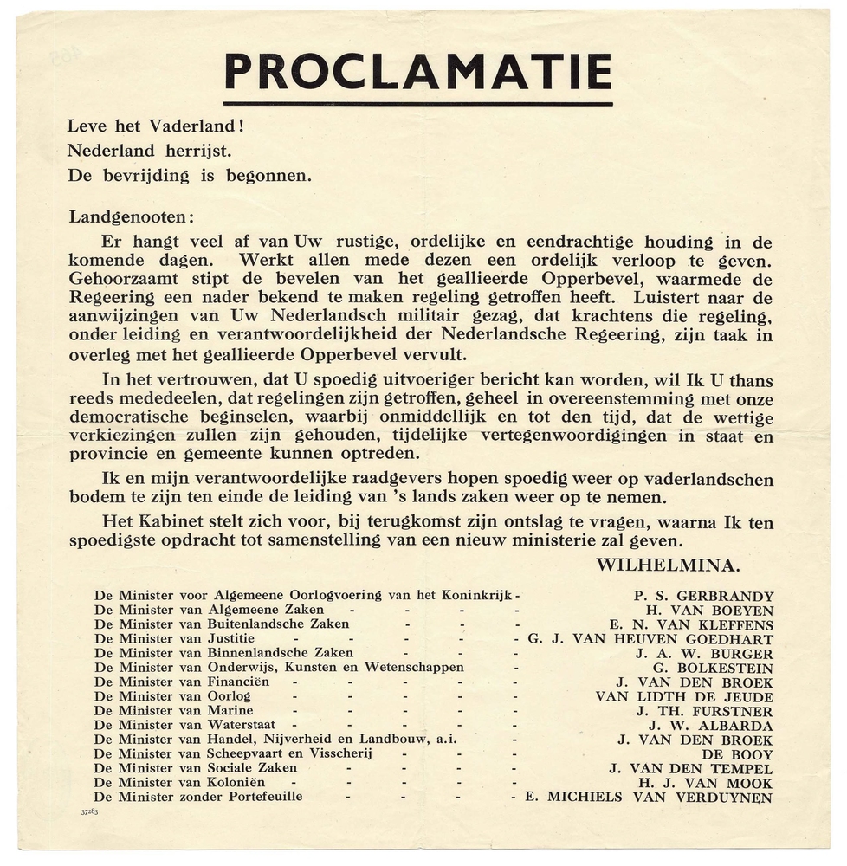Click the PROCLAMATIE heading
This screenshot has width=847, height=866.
pos(417,73)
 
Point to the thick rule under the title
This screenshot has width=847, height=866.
pos(417,104)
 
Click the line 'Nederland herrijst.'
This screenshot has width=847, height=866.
pos(150,150)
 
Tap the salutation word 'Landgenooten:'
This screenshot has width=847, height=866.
pos(132,216)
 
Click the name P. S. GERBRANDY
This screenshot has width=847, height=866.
pos(703,596)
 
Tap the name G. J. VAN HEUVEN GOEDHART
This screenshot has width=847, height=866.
pos(650,639)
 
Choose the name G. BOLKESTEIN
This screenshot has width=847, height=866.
pos(716,668)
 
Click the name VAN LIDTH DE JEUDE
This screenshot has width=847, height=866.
pos(684,696)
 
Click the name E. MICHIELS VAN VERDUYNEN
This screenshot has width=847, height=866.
pos(649,797)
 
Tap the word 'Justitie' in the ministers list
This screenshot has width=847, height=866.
pos(231,639)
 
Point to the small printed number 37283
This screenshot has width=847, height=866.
pos(90,812)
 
